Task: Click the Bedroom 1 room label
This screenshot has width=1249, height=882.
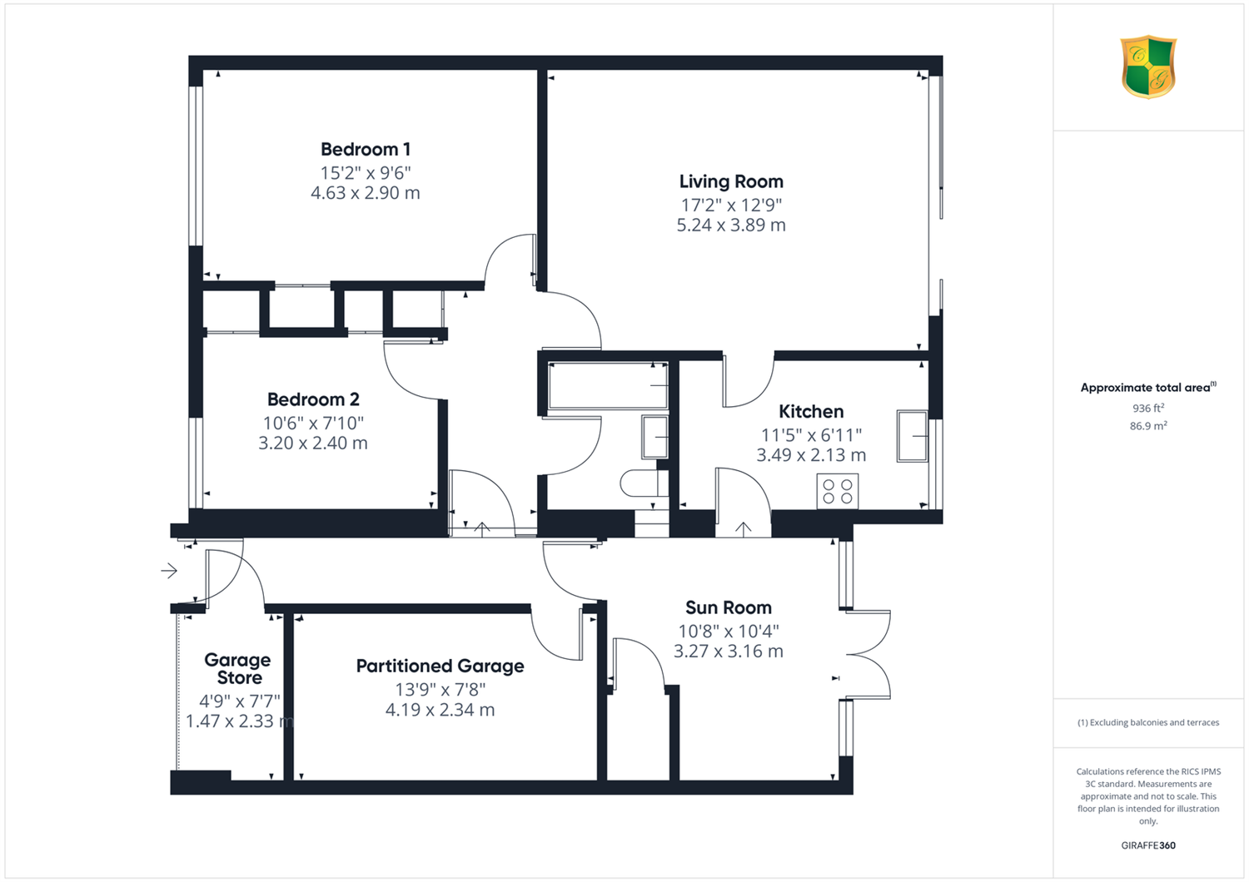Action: [366, 149]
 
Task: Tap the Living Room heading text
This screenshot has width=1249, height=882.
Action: [731, 181]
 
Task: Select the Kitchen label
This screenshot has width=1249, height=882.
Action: [811, 412]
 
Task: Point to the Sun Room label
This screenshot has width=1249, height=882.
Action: [729, 607]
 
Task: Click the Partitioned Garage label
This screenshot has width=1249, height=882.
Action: [440, 666]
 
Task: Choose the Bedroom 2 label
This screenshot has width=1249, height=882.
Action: [313, 399]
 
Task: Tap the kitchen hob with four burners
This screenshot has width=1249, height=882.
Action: [838, 492]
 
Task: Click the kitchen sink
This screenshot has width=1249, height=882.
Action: [913, 436]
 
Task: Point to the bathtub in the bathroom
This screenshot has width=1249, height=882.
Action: [609, 385]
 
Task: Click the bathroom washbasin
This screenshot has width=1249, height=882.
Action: [654, 438]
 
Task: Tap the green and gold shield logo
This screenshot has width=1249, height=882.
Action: [1148, 67]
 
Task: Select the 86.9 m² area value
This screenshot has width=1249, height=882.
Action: [1148, 426]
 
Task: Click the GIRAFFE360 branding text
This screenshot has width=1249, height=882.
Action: [1148, 845]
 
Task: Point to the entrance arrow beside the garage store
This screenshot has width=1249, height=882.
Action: [169, 571]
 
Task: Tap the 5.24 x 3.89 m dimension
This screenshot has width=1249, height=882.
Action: [731, 225]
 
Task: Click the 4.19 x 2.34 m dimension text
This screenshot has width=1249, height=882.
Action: [440, 710]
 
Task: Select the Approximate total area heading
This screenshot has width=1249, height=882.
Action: [1148, 387]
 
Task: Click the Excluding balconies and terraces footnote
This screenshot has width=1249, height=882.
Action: [1148, 722]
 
